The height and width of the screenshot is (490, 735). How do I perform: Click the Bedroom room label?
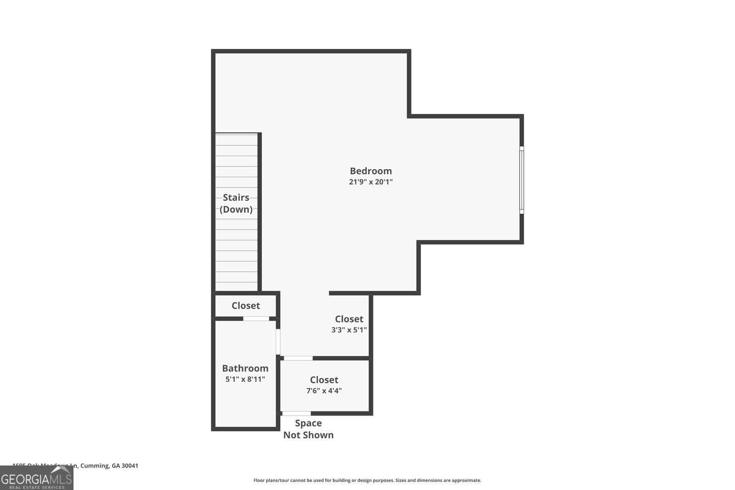pos(371,171)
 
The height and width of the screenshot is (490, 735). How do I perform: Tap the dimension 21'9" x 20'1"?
pos(371,182)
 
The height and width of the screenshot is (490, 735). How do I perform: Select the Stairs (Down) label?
pos(236,203)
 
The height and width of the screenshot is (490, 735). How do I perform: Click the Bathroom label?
pos(245,368)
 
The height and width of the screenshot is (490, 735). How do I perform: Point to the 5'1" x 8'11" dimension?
pos(245,379)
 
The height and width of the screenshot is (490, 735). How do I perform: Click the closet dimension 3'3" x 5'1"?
pos(349,330)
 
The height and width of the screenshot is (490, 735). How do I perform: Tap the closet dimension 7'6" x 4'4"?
pos(324,391)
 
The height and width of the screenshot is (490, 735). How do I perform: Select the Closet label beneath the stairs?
pos(246,305)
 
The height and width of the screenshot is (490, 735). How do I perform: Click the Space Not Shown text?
pos(308,429)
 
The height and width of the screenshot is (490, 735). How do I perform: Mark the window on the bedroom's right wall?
pos(521,180)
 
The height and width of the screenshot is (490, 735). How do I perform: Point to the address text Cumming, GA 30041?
pos(109,466)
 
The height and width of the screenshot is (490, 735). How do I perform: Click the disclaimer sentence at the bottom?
pos(367,480)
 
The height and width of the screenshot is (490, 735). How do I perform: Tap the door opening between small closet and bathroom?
pos(256,319)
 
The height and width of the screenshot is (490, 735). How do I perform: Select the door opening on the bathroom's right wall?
pos(278,342)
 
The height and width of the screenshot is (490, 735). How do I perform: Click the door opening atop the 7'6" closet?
pos(298,358)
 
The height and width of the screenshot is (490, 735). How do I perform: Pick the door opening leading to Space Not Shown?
pos(296,414)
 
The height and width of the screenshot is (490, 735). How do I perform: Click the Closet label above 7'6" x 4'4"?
pos(324,380)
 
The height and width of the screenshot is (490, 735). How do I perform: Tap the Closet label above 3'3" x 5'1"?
pos(349,319)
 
